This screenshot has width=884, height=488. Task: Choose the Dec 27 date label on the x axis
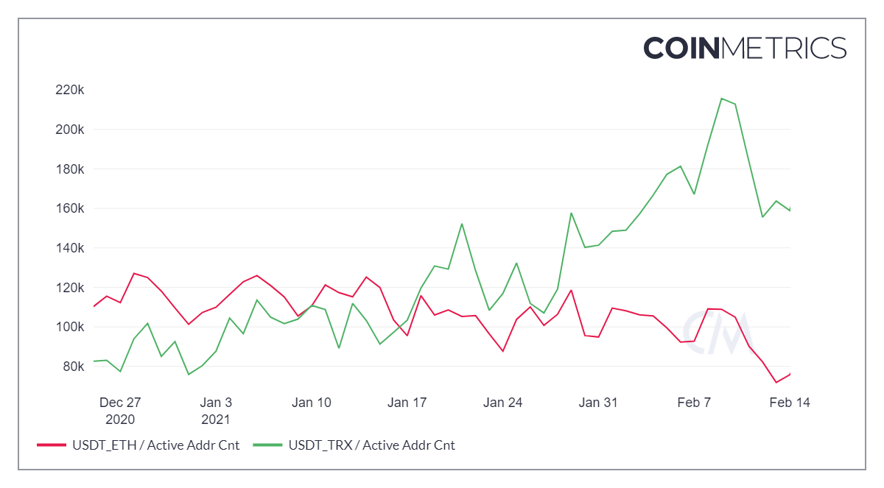click(120, 403)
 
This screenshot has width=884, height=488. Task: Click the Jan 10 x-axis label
click(312, 403)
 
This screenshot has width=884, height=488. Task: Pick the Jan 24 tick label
click(503, 403)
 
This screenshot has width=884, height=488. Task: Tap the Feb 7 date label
click(693, 403)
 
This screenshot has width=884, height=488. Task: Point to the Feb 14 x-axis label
click(790, 403)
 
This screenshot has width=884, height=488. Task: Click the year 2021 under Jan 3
click(216, 420)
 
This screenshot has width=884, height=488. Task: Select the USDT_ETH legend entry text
click(155, 445)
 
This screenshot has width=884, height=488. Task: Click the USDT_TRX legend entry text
click(371, 445)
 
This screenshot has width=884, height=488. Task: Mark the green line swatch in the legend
click(267, 445)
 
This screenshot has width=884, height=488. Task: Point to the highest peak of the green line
click(722, 98)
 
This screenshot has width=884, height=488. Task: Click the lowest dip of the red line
click(776, 383)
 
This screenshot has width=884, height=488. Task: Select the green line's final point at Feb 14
click(790, 211)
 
